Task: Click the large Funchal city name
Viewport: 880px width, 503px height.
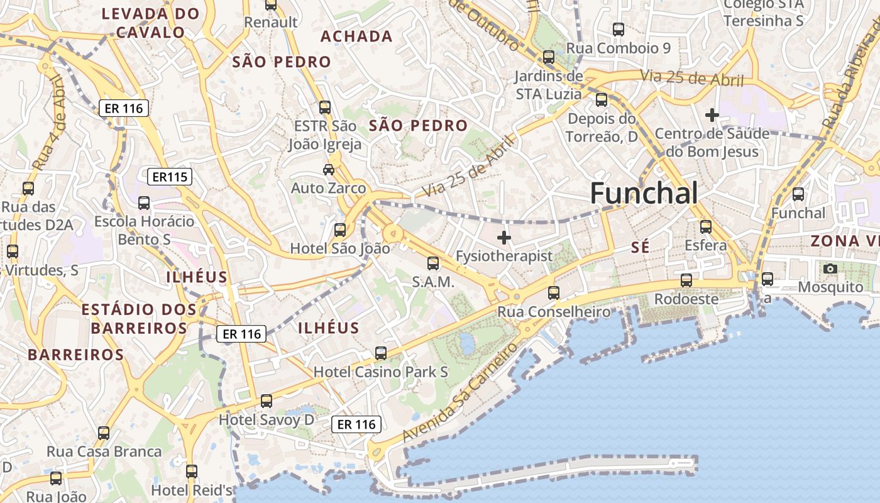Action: (644, 193)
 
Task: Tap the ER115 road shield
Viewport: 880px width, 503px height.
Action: (170, 177)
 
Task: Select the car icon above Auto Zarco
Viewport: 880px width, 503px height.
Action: (329, 169)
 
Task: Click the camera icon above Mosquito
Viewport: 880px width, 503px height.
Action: (830, 268)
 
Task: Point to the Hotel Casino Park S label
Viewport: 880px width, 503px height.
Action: (381, 372)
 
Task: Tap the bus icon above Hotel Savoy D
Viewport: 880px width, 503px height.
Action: (267, 401)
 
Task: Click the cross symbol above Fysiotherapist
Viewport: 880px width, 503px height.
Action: (504, 238)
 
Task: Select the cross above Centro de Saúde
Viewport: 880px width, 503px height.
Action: (712, 115)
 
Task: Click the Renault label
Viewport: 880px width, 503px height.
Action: (271, 22)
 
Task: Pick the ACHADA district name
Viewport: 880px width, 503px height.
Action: (356, 36)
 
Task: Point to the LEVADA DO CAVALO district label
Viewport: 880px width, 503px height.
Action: (150, 23)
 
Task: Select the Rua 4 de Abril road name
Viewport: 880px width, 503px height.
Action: (49, 123)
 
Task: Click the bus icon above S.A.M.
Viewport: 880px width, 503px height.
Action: (433, 263)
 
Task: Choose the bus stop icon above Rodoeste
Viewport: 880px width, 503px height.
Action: (686, 280)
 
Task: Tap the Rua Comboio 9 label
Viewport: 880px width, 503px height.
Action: (619, 48)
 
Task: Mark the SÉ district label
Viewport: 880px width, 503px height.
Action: (640, 248)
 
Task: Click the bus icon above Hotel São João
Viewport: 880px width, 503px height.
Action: (340, 230)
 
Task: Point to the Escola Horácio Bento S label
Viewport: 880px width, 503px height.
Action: (145, 230)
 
